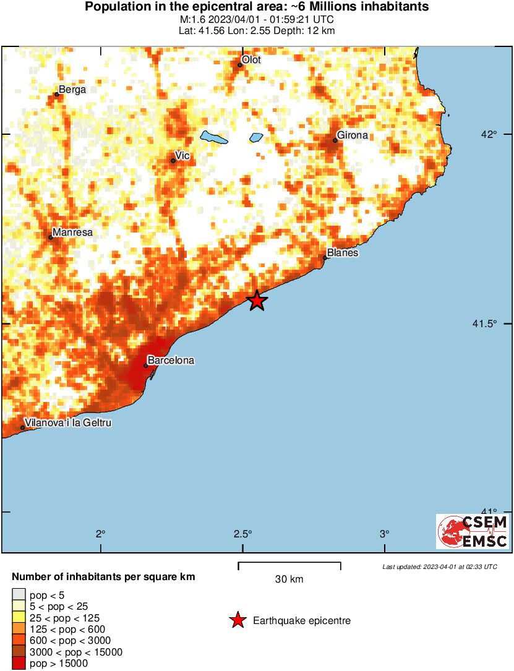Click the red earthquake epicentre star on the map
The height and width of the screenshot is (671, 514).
coord(257,301)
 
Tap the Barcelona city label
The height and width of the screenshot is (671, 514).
coord(171,360)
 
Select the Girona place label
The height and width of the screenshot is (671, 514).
coord(352,135)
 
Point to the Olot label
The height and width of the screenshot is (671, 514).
coord(251,59)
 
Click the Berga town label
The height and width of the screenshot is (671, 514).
coord(72,89)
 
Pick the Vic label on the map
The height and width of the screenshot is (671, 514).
coord(182,155)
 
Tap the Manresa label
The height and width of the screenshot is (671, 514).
coord(72,233)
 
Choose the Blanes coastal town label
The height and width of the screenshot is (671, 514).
coord(343,252)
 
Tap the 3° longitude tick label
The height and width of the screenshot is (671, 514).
coord(384,534)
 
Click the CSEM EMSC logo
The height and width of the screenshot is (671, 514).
coord(473,531)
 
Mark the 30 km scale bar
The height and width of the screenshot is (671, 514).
coord(289,564)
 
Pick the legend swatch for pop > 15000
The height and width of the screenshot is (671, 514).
coord(20,663)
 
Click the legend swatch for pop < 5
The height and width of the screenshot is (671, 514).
coord(20,596)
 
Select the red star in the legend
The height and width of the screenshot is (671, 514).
coord(238,620)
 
